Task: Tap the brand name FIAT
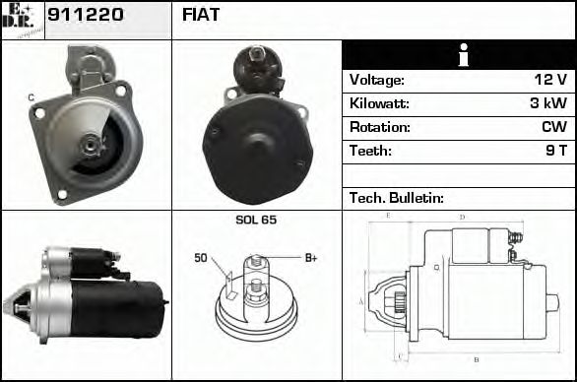(201, 16)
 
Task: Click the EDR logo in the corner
(22, 19)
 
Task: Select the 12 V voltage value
(548, 80)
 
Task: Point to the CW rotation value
(553, 127)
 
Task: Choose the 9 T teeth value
(556, 151)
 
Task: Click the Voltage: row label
(377, 80)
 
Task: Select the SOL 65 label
(256, 221)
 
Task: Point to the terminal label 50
(201, 258)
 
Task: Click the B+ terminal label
(310, 258)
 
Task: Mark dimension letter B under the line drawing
(476, 358)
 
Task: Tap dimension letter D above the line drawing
(462, 217)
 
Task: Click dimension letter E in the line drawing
(389, 215)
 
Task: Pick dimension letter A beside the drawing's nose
(361, 300)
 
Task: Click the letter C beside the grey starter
(31, 96)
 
